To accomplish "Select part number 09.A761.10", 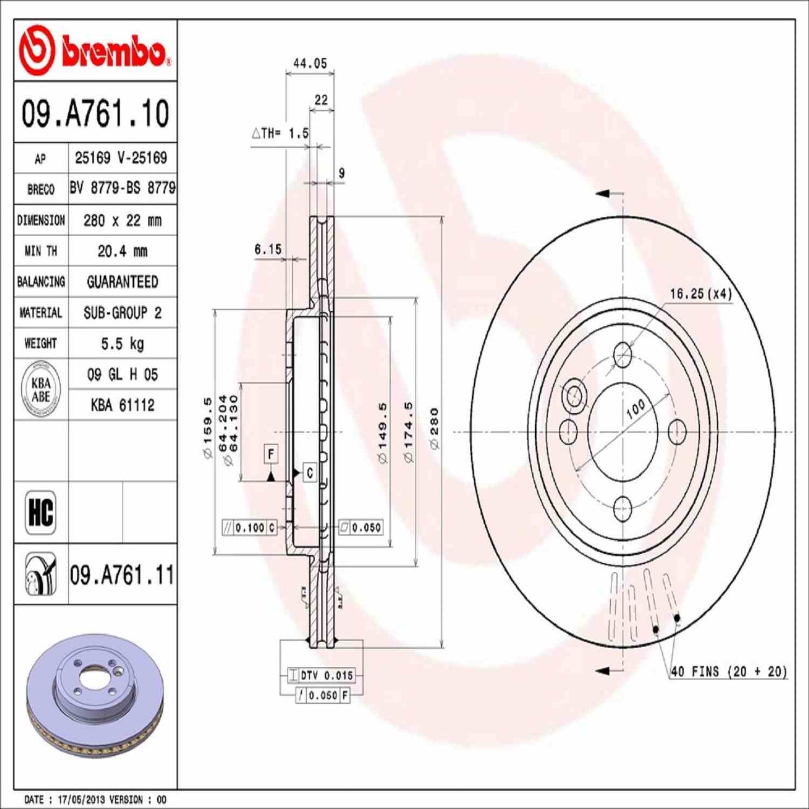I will (x=95, y=113).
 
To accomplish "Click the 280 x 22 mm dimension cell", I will (x=122, y=221).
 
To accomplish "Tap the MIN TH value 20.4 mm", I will (x=122, y=251).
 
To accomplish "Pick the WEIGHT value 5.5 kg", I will (x=122, y=343).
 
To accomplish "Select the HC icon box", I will (x=41, y=512).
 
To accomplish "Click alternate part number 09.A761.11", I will (x=122, y=575).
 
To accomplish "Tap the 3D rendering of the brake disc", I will (x=95, y=680).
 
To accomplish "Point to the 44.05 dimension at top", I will (x=310, y=64).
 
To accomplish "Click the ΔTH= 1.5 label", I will (x=280, y=133).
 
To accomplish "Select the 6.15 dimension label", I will (x=268, y=250).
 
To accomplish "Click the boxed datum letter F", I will (x=271, y=454).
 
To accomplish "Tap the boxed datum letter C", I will (x=310, y=473).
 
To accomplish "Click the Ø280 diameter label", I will (x=434, y=428).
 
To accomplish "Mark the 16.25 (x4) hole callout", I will (x=700, y=293).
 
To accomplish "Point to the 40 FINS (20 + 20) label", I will (x=728, y=671).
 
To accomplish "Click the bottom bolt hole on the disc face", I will (x=623, y=508).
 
